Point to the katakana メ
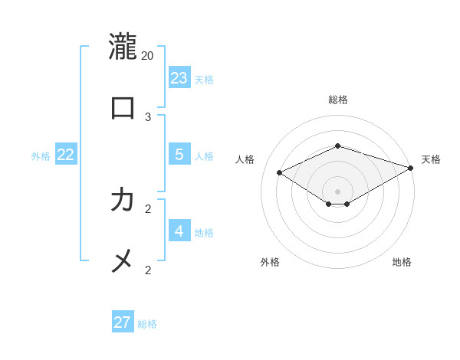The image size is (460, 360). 123,262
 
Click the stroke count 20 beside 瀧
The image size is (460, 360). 148,55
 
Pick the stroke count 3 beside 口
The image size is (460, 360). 148,116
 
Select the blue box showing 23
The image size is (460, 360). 179,77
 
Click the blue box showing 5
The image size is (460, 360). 179,154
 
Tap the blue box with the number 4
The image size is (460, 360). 179,231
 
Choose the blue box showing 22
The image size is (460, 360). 66,154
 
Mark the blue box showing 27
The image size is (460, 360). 123,322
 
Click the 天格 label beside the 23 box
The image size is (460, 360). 204,80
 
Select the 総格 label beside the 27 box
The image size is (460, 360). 147,325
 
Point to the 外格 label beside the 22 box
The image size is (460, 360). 41,156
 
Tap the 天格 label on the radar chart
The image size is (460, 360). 431,159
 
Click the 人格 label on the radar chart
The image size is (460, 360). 245,159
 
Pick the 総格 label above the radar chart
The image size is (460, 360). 338,100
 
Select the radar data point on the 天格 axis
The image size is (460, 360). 411,168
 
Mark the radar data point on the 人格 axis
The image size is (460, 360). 280,173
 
